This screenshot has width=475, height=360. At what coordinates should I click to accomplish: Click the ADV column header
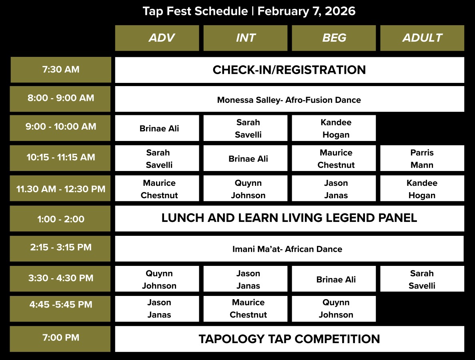coord(157,38)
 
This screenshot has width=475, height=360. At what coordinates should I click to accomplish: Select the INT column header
coord(245,38)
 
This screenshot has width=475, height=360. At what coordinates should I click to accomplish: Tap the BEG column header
coord(334,38)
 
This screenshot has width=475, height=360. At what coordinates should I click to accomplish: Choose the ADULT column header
coord(422,38)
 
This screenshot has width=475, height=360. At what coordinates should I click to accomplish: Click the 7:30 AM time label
coord(61,69)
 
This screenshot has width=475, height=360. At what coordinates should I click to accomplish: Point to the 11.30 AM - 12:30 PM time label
coord(60,188)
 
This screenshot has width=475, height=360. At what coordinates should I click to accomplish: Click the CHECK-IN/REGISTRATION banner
coord(290,70)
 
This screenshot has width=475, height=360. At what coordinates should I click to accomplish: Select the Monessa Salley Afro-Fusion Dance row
coord(290,99)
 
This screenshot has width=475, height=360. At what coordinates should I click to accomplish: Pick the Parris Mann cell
coord(422,158)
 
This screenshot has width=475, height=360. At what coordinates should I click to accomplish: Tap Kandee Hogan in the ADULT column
coord(422,188)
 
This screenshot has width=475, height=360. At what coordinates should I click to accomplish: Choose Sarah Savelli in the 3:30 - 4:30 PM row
coord(422,279)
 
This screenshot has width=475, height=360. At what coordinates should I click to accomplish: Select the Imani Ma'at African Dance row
coord(289,249)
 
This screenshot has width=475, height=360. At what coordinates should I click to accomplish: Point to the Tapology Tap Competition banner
coord(290,339)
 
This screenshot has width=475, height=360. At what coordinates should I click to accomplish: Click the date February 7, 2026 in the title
coord(306,11)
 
